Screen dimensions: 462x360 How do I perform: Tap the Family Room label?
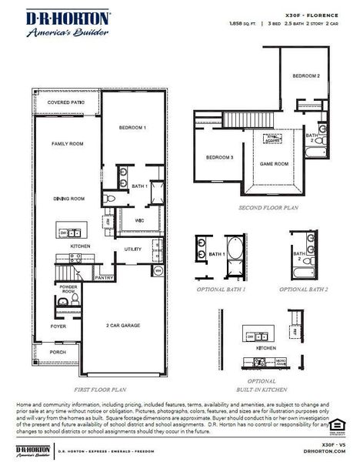coord(67,144)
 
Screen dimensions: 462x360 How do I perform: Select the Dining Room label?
coord(68,199)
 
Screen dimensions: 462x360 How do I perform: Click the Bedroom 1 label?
coord(134,126)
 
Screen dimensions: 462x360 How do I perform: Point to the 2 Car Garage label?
coord(122,326)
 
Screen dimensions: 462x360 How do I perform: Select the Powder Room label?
coord(68,290)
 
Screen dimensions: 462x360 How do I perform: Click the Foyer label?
coord(59,326)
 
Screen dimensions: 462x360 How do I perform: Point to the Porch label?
coord(59,353)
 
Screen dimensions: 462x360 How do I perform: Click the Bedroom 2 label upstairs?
coord(305,76)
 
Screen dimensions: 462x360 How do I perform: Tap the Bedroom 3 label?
coord(220,158)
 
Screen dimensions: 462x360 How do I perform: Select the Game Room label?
coord(273,164)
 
